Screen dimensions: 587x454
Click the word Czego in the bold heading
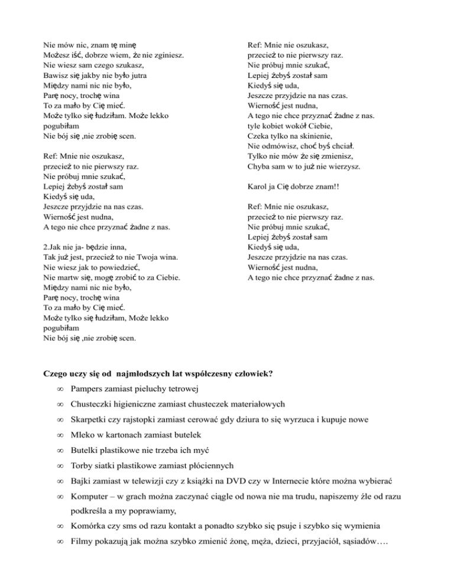coord(56,373)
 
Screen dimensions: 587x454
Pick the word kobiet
coord(280,126)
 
